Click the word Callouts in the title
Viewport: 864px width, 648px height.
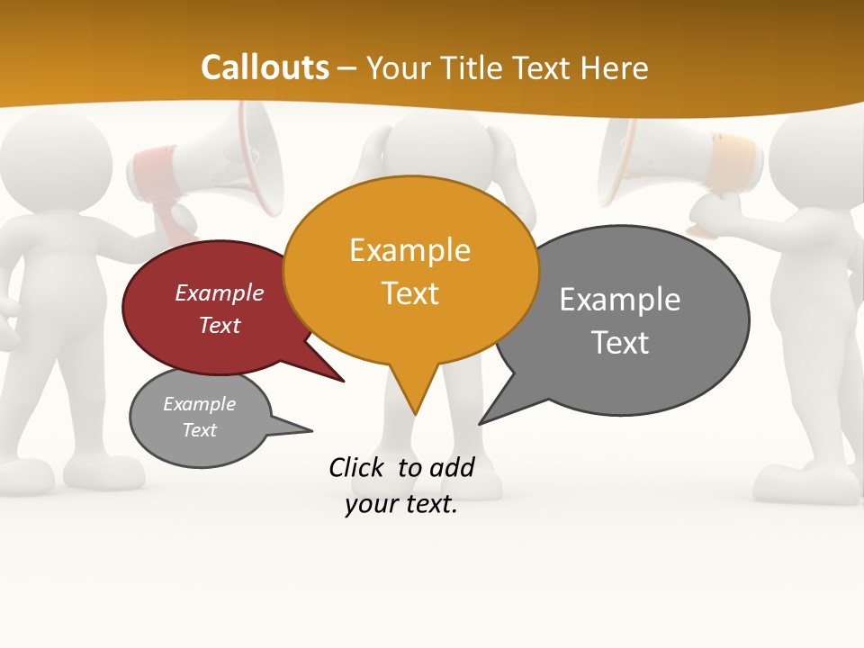(x=265, y=67)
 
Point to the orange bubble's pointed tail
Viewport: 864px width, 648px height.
(x=413, y=396)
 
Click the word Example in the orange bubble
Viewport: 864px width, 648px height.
(x=409, y=250)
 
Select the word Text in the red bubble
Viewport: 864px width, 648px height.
(x=220, y=325)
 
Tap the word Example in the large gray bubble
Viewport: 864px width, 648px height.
(x=620, y=300)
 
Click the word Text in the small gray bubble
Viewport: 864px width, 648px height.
(x=200, y=430)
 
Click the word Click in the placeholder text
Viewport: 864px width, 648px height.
(x=358, y=467)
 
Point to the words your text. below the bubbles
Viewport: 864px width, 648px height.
(x=401, y=504)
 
